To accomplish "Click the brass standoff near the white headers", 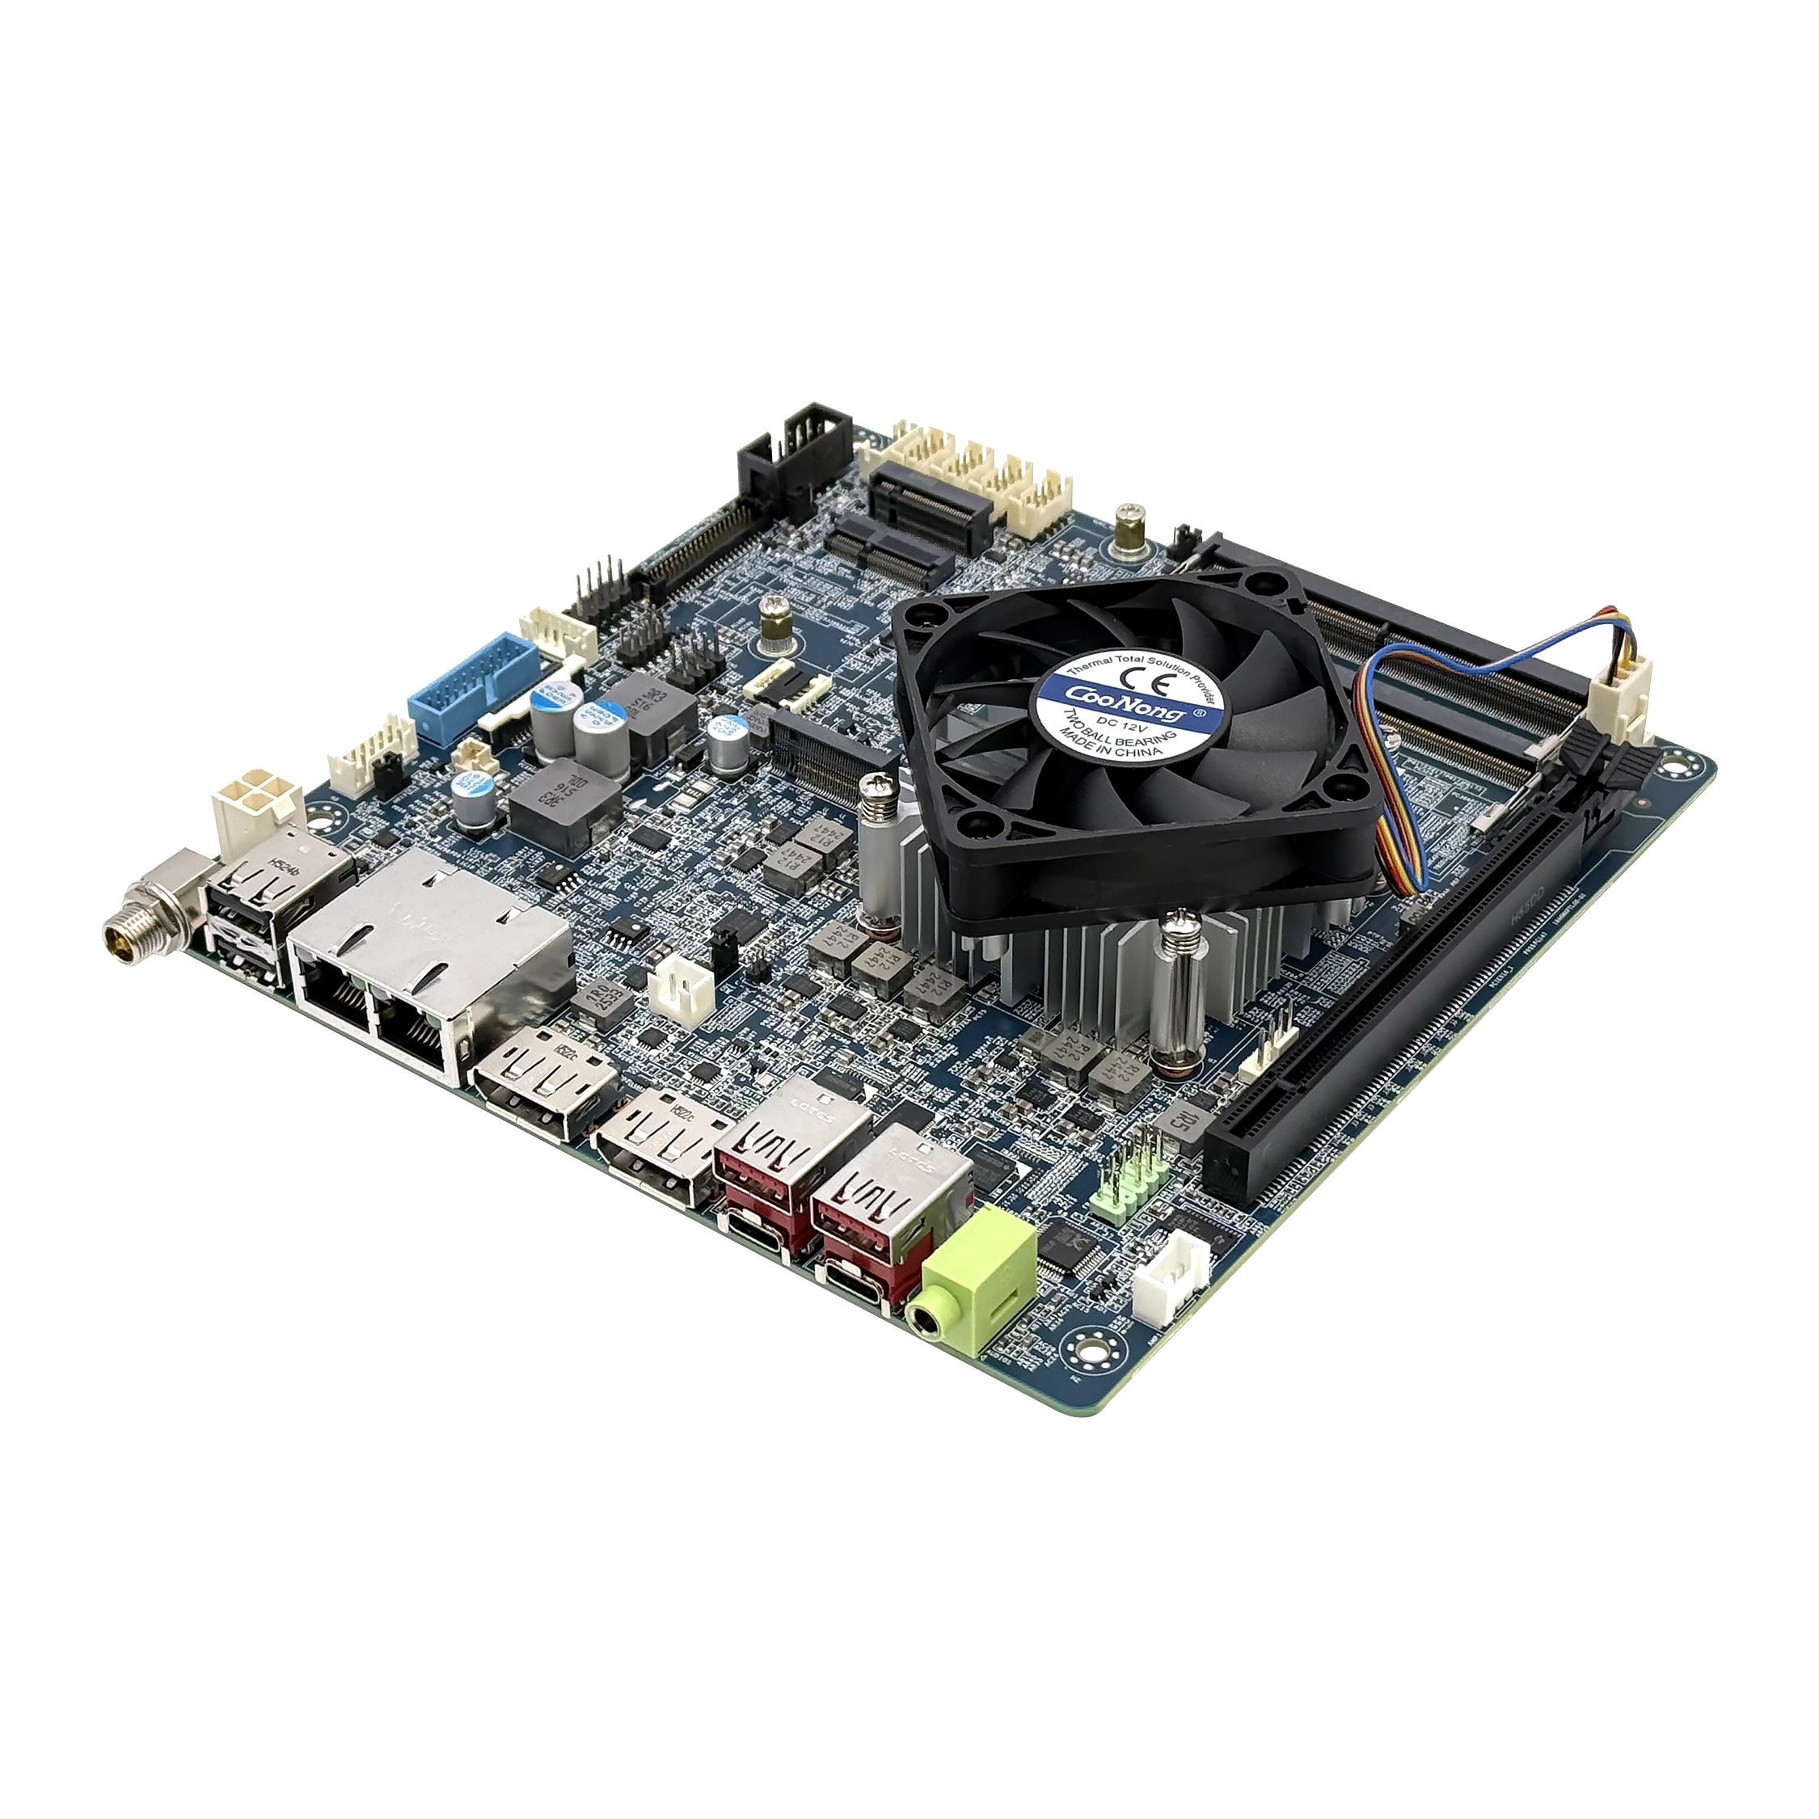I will [x=1128, y=527].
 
